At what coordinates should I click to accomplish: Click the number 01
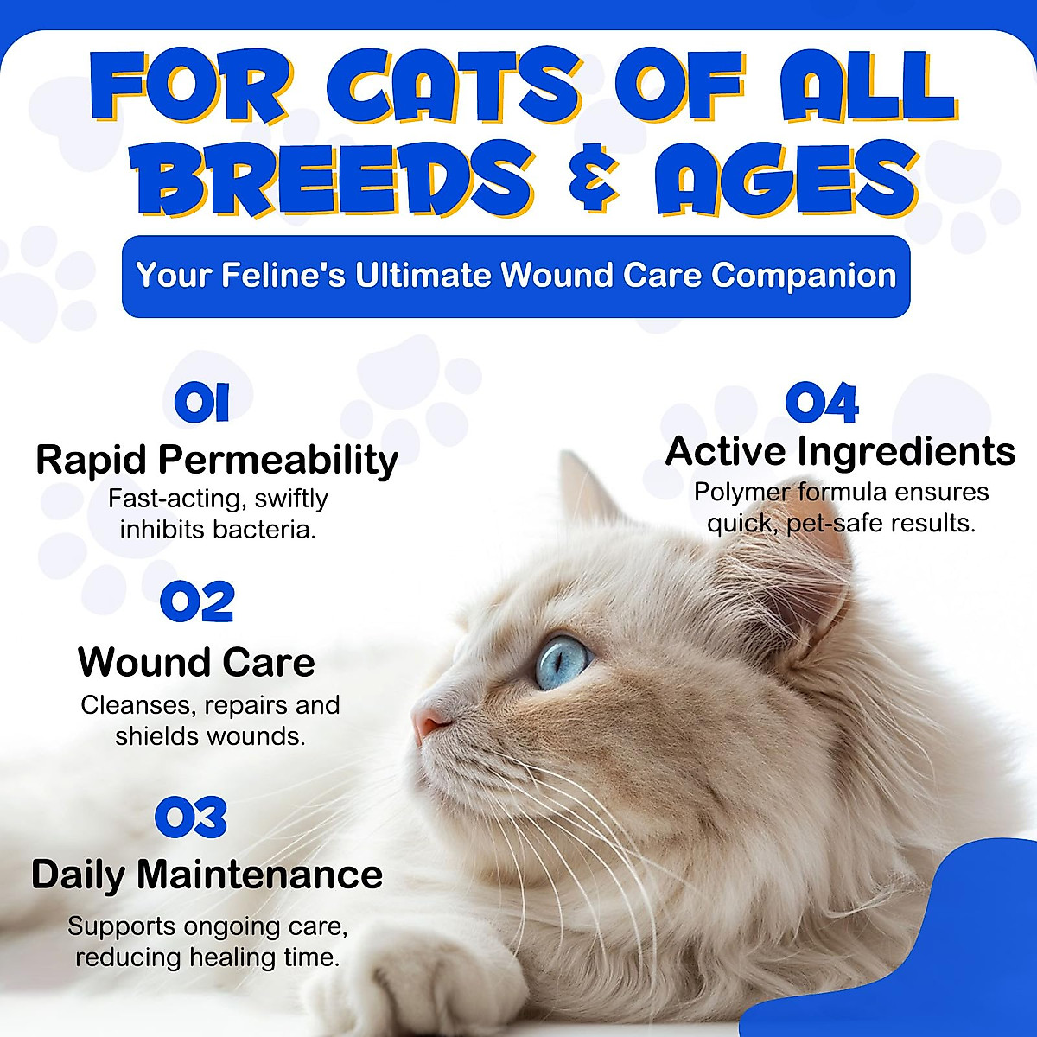(x=201, y=404)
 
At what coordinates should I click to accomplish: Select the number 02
(x=197, y=602)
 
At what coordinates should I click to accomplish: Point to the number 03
(x=191, y=818)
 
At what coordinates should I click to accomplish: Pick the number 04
(x=821, y=403)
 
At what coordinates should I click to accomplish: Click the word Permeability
(x=290, y=461)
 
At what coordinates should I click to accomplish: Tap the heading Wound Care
(x=196, y=663)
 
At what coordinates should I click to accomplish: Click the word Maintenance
(x=259, y=875)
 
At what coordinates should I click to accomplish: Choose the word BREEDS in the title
(x=342, y=180)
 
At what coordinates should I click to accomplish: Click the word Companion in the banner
(x=804, y=276)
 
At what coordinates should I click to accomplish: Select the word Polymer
(x=742, y=493)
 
